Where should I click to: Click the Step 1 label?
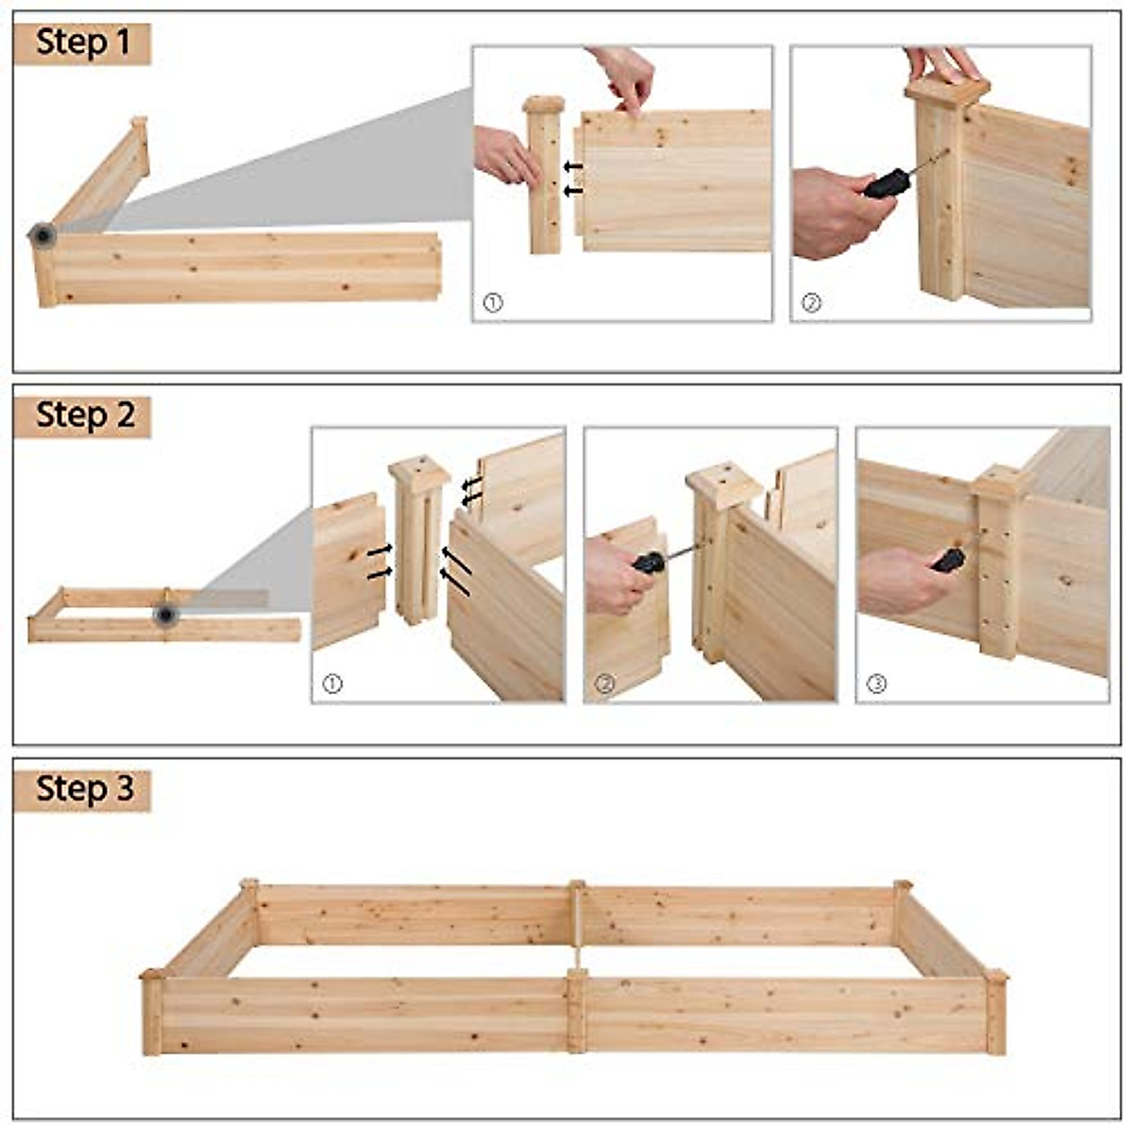pyautogui.click(x=82, y=42)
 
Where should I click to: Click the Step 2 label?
pyautogui.click(x=83, y=415)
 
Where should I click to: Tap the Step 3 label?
pyautogui.click(x=83, y=788)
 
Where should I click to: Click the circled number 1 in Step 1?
pyautogui.click(x=492, y=303)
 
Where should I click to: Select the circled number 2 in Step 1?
pyautogui.click(x=811, y=303)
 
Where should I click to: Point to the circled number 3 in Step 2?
pyautogui.click(x=876, y=683)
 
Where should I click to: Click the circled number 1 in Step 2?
pyautogui.click(x=331, y=684)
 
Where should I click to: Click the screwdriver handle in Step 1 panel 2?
pyautogui.click(x=888, y=183)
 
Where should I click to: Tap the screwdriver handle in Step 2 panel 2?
pyautogui.click(x=649, y=564)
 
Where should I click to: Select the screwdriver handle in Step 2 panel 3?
pyautogui.click(x=948, y=560)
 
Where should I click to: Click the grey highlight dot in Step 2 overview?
pyautogui.click(x=166, y=616)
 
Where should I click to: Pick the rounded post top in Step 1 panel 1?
pyautogui.click(x=545, y=104)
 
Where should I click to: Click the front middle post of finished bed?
pyautogui.click(x=576, y=1010)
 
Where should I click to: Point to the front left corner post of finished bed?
pyautogui.click(x=152, y=1012)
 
